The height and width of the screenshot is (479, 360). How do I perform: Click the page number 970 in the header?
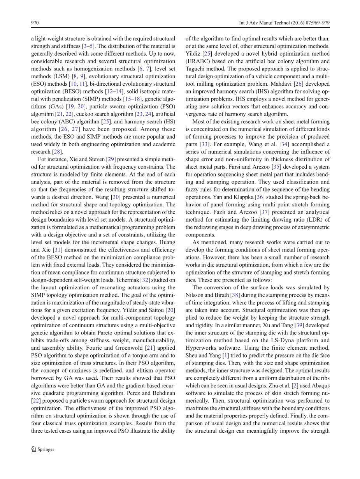point(35,23)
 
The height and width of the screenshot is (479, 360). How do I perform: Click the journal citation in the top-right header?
point(284,23)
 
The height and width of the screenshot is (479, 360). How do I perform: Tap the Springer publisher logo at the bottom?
point(43,449)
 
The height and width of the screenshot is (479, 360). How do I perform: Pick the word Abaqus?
point(319,386)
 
